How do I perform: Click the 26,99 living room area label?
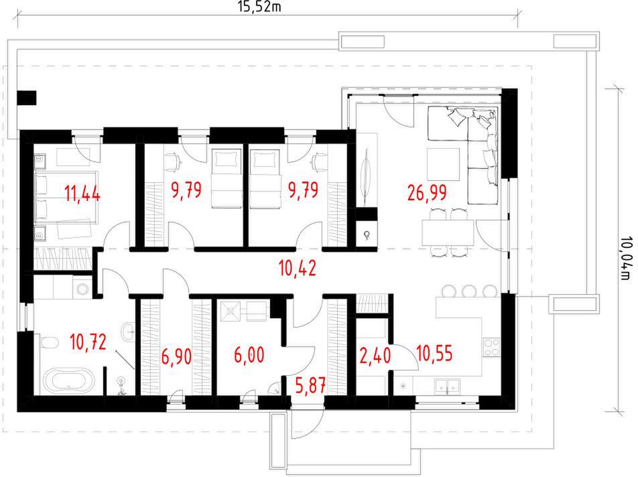427,193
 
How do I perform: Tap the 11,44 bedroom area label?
82,193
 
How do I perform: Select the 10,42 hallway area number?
298,269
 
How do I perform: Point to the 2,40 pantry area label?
375,355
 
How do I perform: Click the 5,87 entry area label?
310,385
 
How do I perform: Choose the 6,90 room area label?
176,356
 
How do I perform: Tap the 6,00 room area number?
249,355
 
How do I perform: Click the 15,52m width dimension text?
259,6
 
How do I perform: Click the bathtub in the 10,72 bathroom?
69,381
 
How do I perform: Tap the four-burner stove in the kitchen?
491,347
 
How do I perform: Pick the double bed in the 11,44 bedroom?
65,197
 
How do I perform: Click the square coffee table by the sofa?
443,164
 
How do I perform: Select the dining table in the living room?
448,232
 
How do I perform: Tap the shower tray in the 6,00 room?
231,311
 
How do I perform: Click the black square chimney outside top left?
26,98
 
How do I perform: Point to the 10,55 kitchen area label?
434,353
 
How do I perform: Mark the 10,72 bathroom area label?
88,342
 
